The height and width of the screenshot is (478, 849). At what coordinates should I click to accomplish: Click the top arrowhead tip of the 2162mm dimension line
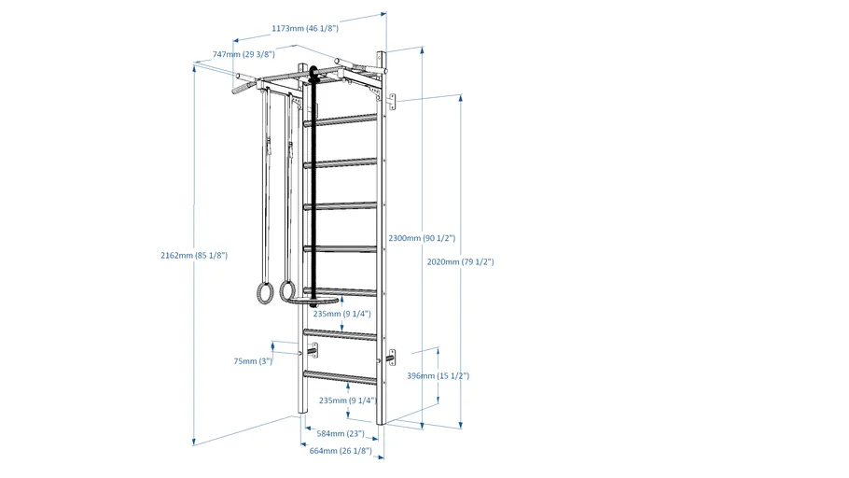pyautogui.click(x=194, y=63)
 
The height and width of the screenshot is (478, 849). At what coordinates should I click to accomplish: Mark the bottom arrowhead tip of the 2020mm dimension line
pyautogui.click(x=461, y=429)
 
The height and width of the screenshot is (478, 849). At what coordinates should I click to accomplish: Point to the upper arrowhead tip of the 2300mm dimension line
pyautogui.click(x=422, y=48)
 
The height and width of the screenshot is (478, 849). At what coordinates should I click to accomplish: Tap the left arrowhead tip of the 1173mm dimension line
pyautogui.click(x=233, y=41)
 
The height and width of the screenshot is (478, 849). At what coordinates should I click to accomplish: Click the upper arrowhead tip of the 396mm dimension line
pyautogui.click(x=438, y=347)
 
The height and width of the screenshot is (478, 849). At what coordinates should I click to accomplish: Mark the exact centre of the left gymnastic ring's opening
pyautogui.click(x=265, y=294)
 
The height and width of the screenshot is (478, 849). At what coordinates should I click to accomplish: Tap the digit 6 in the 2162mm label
pyautogui.click(x=174, y=255)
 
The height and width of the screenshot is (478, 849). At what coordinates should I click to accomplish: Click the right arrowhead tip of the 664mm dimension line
pyautogui.click(x=383, y=458)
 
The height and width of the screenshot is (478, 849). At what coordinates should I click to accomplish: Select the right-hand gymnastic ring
pyautogui.click(x=287, y=290)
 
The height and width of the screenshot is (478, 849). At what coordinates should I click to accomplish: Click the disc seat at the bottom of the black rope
pyautogui.click(x=314, y=299)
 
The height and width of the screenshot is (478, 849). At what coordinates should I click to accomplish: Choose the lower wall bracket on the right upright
pyautogui.click(x=390, y=358)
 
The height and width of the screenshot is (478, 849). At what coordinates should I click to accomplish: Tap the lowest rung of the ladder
pyautogui.click(x=340, y=377)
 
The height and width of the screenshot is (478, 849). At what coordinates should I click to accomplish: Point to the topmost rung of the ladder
pyautogui.click(x=341, y=120)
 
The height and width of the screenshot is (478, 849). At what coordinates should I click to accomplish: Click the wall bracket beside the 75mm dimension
pyautogui.click(x=313, y=351)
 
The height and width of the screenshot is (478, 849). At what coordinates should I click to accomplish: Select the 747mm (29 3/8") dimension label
pyautogui.click(x=244, y=54)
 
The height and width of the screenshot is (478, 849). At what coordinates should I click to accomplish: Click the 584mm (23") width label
pyautogui.click(x=341, y=433)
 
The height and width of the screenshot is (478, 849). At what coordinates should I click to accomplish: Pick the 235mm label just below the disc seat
pyautogui.click(x=342, y=314)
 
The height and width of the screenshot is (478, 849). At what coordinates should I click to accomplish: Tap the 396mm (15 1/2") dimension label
pyautogui.click(x=438, y=375)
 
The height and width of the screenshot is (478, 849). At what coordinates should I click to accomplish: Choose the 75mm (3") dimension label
pyautogui.click(x=253, y=361)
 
